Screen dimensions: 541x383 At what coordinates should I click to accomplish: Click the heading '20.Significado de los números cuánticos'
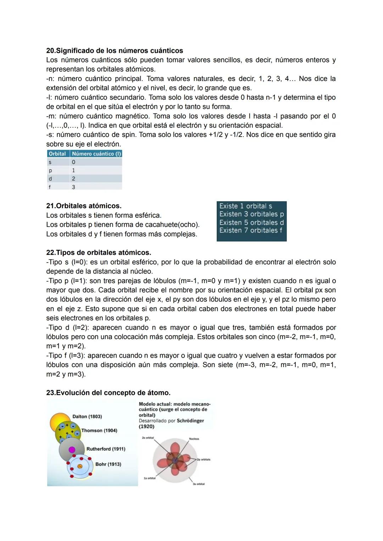pyautogui.click(x=115, y=50)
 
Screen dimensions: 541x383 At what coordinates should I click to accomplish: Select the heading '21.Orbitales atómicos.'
pyautogui.click(x=84, y=206)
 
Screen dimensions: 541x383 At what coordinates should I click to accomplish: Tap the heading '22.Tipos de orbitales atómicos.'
pyautogui.click(x=99, y=253)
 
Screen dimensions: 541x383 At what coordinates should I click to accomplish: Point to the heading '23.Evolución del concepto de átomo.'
pyautogui.click(x=108, y=393)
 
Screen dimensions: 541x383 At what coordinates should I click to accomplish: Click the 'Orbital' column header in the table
pyautogui.click(x=57, y=154)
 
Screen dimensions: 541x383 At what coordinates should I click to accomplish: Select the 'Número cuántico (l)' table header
pyautogui.click(x=96, y=154)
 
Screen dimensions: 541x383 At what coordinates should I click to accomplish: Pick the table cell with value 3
pyautogui.click(x=73, y=187)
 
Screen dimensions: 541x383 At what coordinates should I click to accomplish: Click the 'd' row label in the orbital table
pyautogui.click(x=50, y=179)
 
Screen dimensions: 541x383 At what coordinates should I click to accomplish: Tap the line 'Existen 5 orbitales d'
pyautogui.click(x=251, y=222)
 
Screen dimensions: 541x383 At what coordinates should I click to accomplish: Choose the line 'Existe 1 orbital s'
pyautogui.click(x=245, y=206)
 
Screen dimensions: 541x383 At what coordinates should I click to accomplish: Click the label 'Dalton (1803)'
pyautogui.click(x=87, y=416)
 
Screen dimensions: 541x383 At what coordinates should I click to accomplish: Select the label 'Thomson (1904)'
pyautogui.click(x=99, y=430)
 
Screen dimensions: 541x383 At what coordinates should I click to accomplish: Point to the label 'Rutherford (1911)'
pyautogui.click(x=106, y=449)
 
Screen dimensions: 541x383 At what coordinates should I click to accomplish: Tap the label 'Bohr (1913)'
pyautogui.click(x=108, y=464)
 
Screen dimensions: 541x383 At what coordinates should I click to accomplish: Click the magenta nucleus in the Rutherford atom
pyautogui.click(x=72, y=450)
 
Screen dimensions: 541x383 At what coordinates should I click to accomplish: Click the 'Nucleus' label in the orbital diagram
pyautogui.click(x=194, y=439)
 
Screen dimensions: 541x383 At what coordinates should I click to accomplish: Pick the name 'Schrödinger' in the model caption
pyautogui.click(x=190, y=421)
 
